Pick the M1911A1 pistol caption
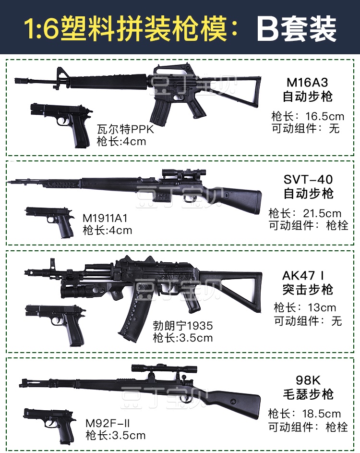pyautogui.click(x=107, y=218)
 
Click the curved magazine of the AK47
pyautogui.click(x=132, y=315)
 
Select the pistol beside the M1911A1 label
pyautogui.click(x=50, y=220)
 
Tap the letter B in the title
pyautogui.click(x=270, y=28)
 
